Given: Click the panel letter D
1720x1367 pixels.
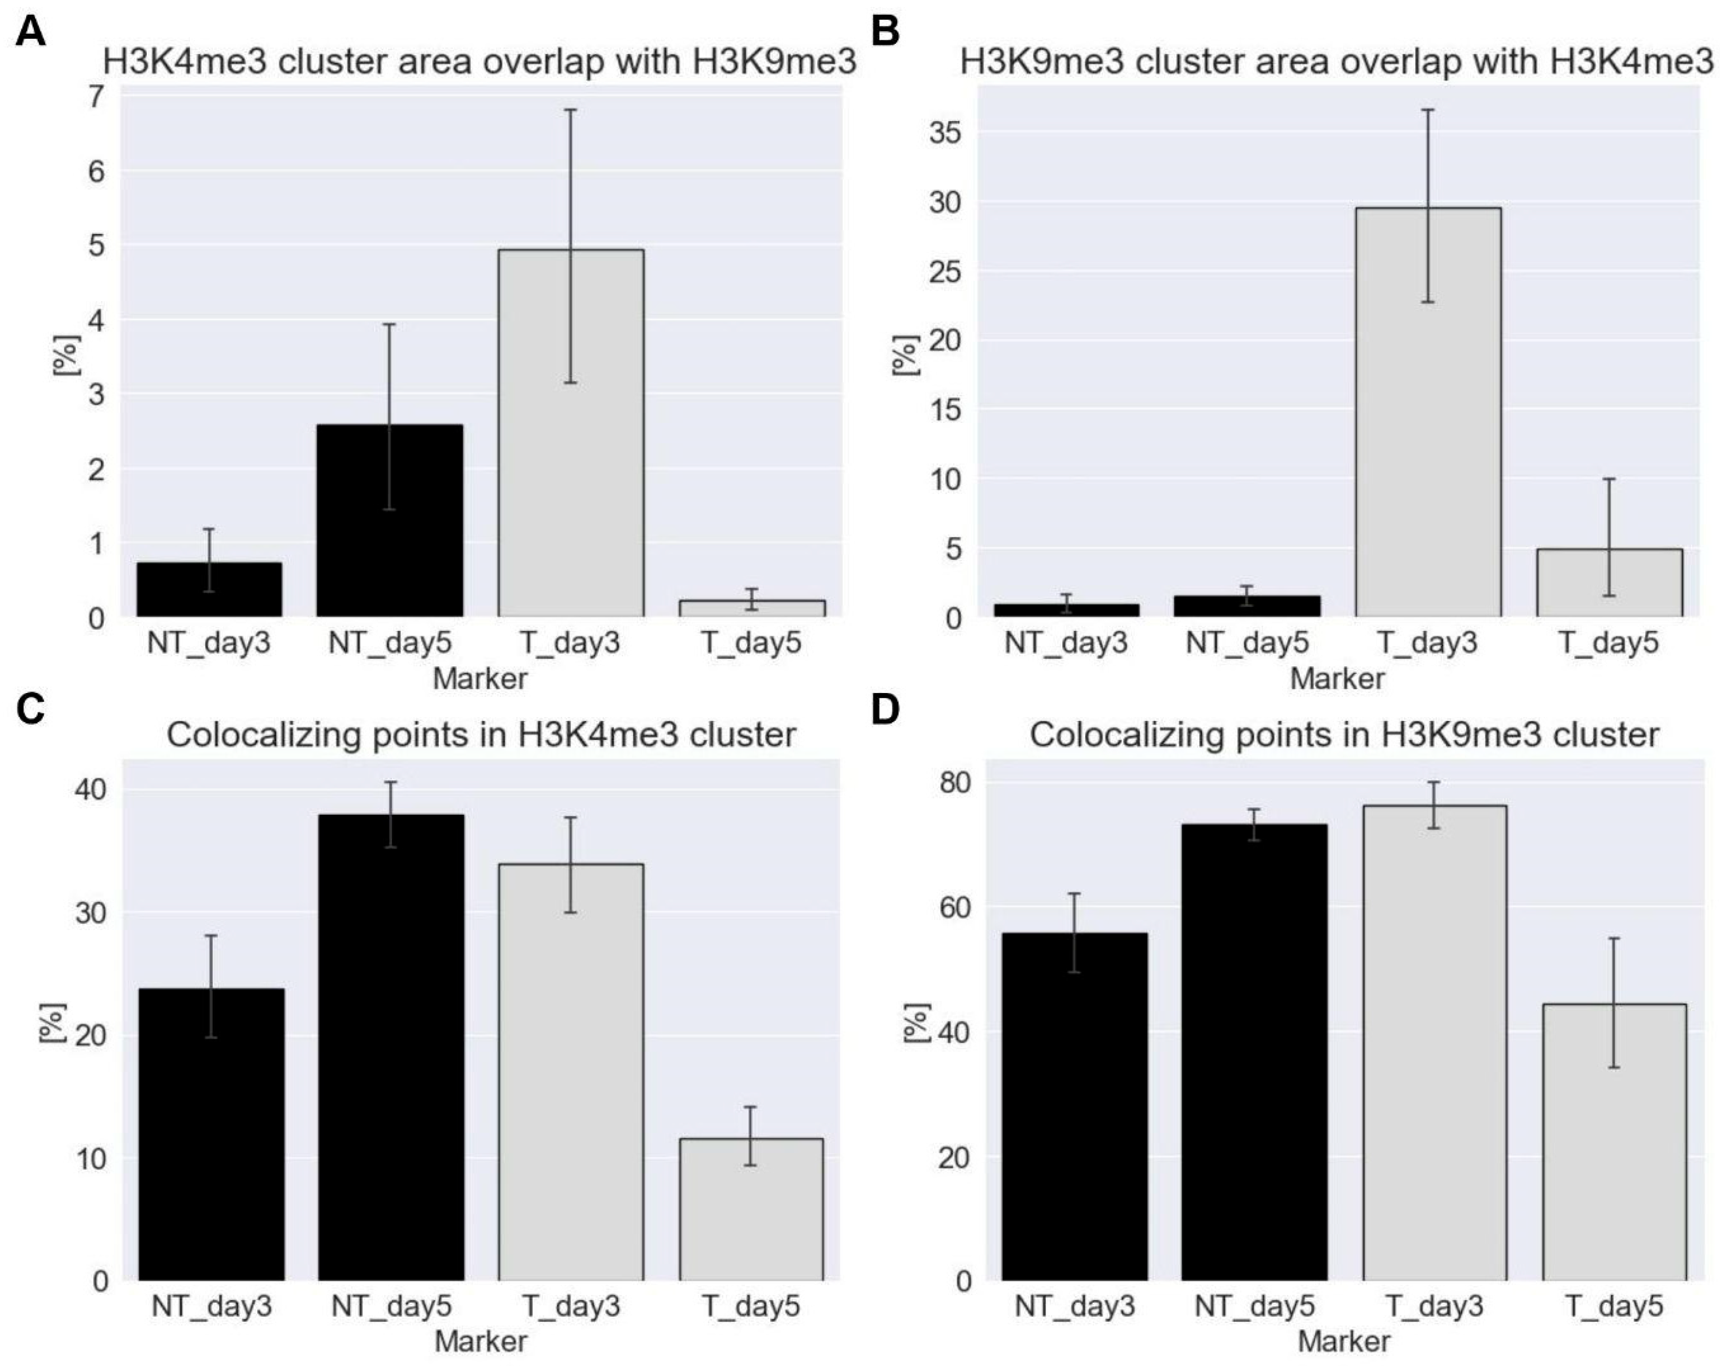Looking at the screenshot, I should click(x=885, y=708).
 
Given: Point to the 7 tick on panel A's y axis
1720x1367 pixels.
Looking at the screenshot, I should click(x=97, y=97).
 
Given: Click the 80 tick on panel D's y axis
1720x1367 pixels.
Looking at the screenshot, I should click(x=954, y=783).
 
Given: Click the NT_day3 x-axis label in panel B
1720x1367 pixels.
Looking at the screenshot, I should click(x=1066, y=643).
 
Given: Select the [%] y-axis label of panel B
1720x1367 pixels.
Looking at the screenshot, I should click(x=906, y=355).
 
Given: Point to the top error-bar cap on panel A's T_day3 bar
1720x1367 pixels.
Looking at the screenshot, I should click(x=570, y=110).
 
